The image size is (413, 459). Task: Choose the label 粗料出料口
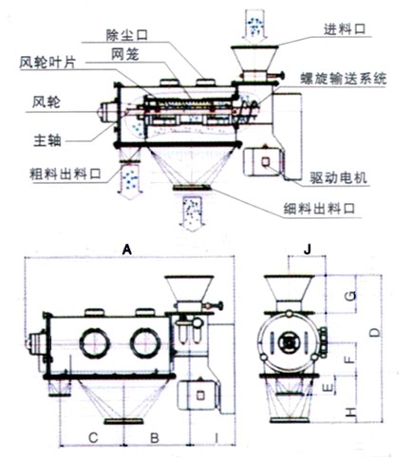(59, 174)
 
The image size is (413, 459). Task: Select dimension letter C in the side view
(93, 437)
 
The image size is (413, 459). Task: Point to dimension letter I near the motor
(217, 437)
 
